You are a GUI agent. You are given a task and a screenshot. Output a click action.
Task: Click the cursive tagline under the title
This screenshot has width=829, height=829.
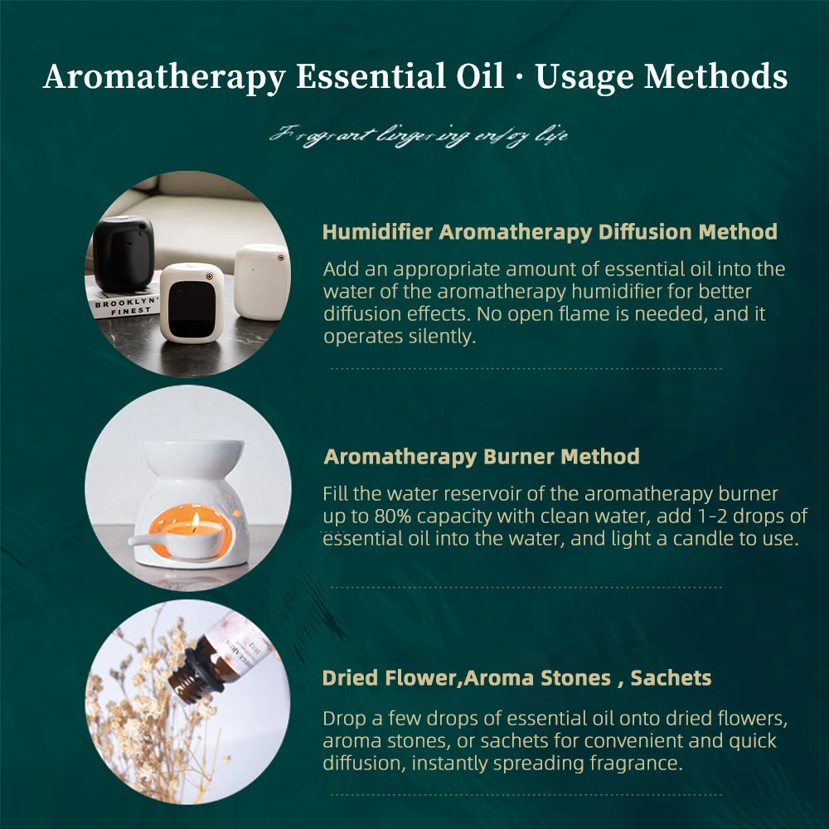(419, 134)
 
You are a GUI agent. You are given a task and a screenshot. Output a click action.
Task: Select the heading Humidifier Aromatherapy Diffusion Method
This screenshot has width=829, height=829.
(550, 232)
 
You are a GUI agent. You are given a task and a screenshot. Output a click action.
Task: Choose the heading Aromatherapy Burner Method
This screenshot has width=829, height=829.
(482, 457)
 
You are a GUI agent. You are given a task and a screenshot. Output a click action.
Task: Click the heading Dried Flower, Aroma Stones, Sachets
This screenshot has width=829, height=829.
(516, 678)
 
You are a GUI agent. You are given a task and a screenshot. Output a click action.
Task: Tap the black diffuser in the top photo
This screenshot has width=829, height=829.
(123, 253)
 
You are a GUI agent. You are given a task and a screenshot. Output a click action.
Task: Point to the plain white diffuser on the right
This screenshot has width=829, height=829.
(261, 281)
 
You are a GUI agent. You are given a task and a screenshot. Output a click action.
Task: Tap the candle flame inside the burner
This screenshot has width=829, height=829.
(196, 521)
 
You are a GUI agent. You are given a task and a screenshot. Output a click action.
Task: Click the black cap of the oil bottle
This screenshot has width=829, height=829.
(190, 676)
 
